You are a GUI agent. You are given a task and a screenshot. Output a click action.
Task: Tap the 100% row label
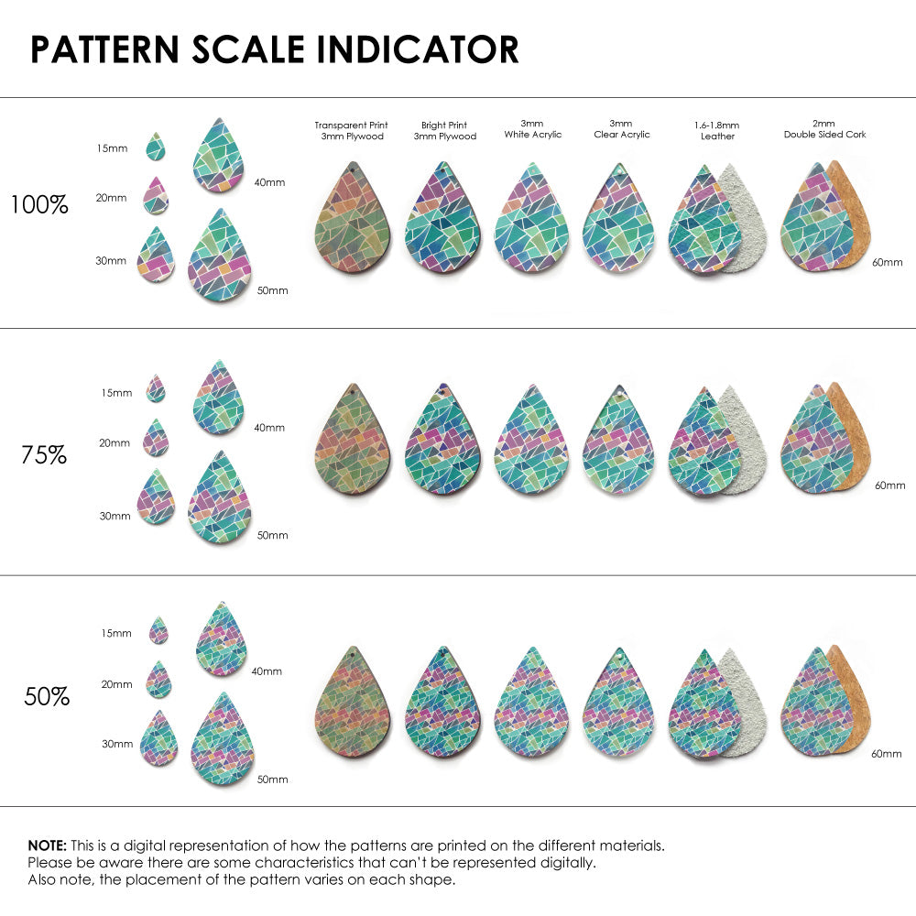click(39, 205)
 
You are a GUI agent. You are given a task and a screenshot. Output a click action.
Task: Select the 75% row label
click(44, 454)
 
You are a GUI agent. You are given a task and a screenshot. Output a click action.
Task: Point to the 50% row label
click(47, 697)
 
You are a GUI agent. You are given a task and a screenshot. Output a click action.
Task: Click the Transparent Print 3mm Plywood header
click(351, 130)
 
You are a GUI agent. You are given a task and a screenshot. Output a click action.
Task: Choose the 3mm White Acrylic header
click(532, 129)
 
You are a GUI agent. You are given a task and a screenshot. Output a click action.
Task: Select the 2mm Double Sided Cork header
click(824, 129)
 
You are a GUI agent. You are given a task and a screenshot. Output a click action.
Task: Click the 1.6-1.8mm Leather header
click(717, 130)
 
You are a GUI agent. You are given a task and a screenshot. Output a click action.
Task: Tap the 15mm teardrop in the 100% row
click(157, 147)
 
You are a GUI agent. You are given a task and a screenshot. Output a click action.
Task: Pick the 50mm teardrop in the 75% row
click(220, 499)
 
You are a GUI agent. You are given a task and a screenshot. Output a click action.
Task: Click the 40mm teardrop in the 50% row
click(222, 640)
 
